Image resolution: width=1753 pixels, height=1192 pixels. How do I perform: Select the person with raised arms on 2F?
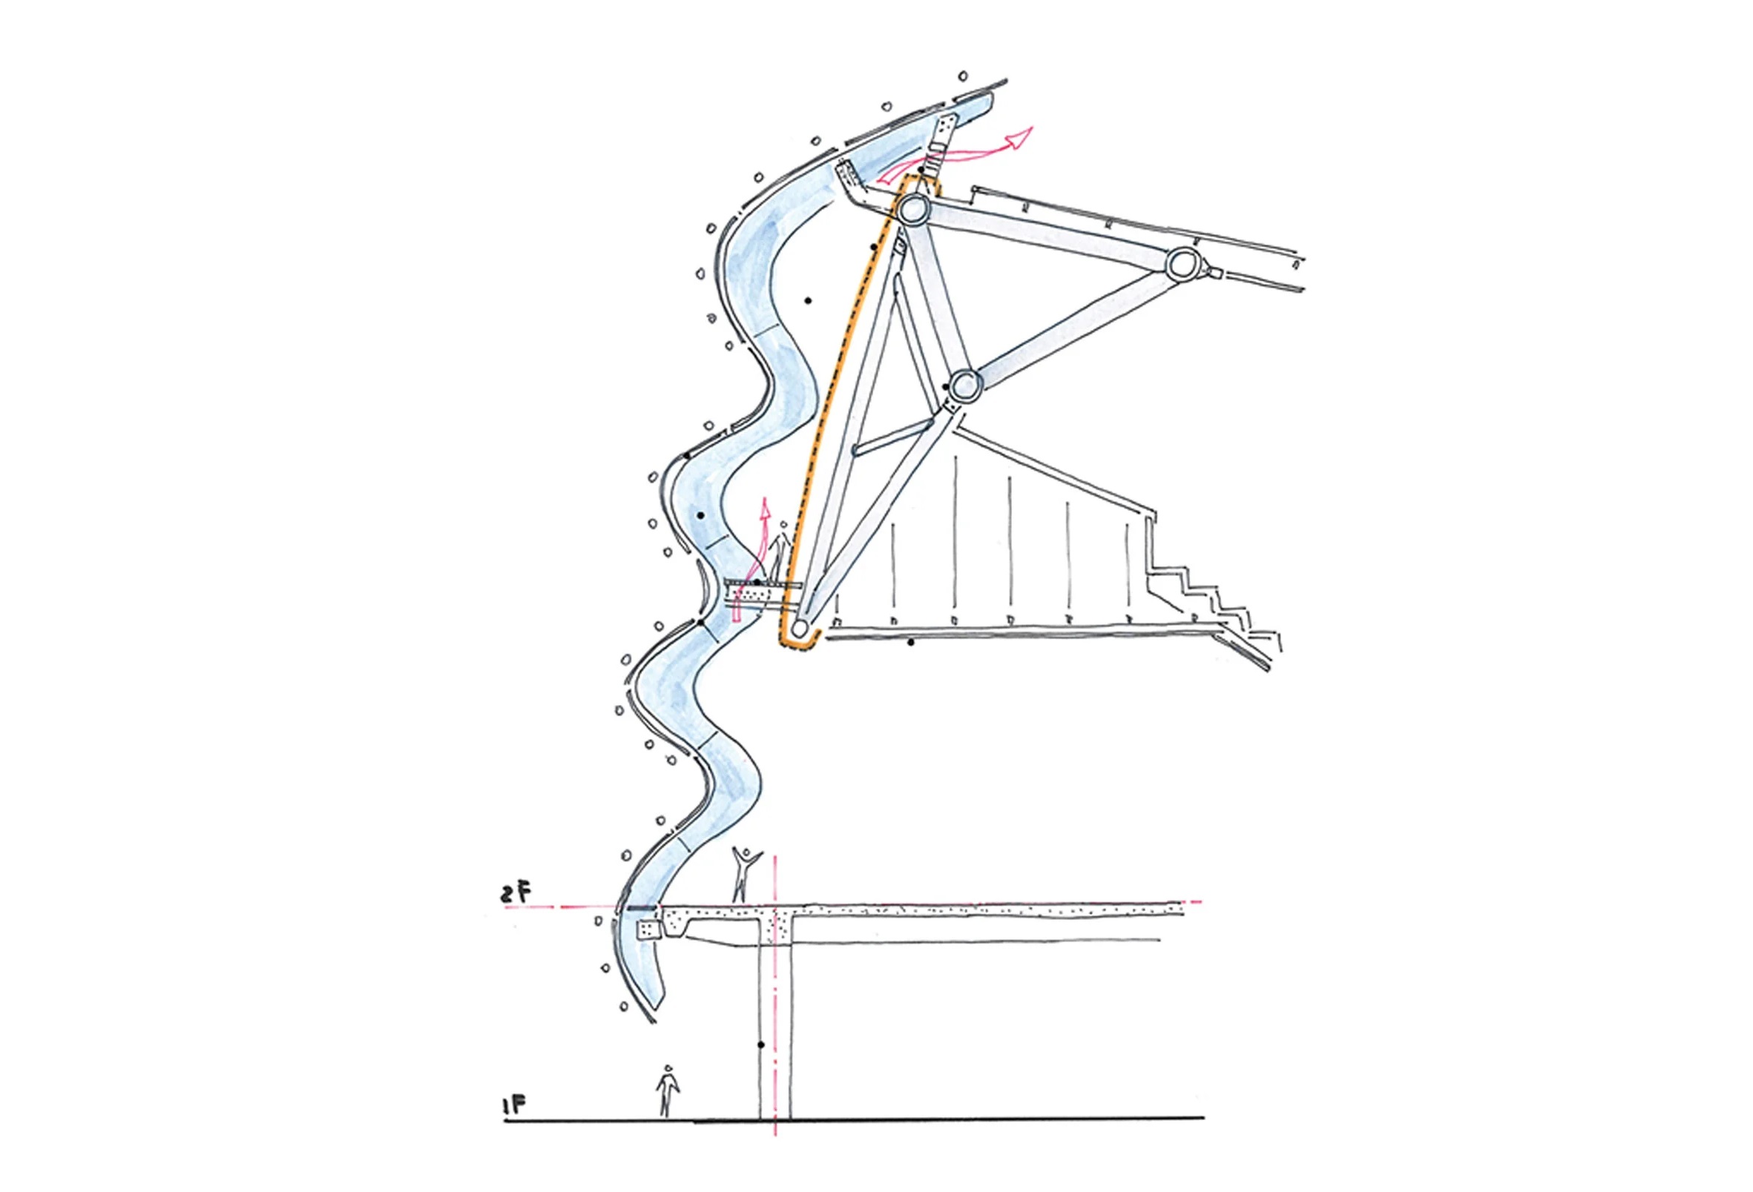coord(746,875)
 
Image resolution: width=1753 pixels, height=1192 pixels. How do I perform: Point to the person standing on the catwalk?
coord(780,554)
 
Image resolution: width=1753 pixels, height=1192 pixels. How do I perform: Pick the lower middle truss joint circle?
coord(964,388)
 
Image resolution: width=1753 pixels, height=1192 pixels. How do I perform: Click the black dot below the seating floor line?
coord(910,643)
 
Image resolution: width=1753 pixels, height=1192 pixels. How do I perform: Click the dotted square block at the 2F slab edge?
coord(648,930)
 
